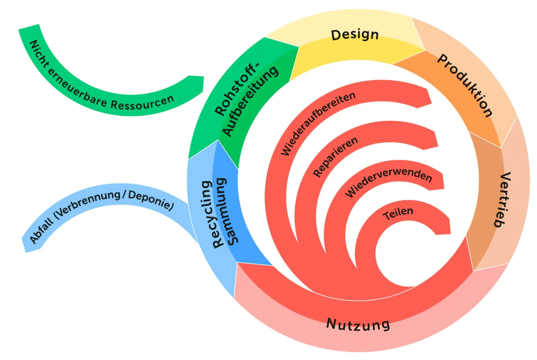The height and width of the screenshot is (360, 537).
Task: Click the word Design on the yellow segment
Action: pyautogui.click(x=355, y=35)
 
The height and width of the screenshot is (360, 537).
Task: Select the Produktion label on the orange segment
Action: pyautogui.click(x=465, y=85)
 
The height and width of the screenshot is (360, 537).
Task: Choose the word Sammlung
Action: pyautogui.click(x=228, y=211)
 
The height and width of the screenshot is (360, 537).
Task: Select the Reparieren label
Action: pyautogui.click(x=335, y=158)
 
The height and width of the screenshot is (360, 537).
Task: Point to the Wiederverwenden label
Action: pyautogui.click(x=388, y=183)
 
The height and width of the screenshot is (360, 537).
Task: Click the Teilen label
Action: pyautogui.click(x=398, y=213)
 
